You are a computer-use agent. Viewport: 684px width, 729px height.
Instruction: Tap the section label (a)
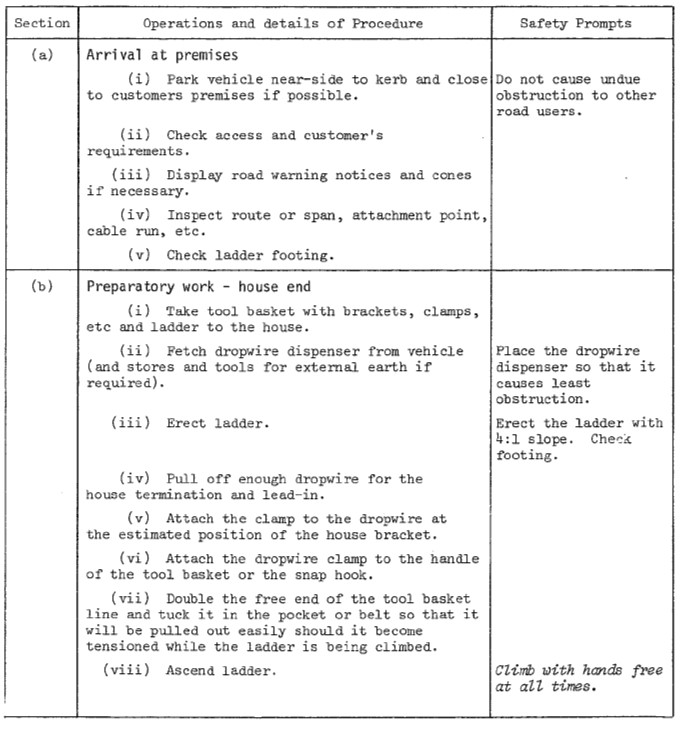[x=42, y=55]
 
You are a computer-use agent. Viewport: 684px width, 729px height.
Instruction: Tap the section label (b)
[x=42, y=287]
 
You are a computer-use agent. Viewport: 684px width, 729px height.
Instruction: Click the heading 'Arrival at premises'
[x=163, y=56]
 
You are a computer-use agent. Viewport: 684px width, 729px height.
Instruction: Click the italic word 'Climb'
[x=517, y=670]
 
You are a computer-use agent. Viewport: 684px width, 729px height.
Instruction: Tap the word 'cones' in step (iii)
[x=452, y=175]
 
